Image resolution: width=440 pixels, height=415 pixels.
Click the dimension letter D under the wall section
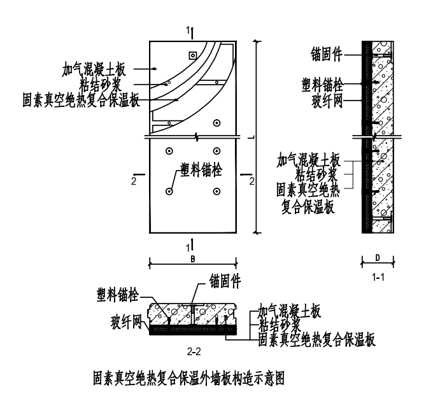point(378,258)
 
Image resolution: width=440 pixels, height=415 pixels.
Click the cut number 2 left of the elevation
point(134,181)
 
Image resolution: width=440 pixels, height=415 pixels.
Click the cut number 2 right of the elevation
point(252,181)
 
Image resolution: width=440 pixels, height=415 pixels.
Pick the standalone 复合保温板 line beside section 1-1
point(315,206)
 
